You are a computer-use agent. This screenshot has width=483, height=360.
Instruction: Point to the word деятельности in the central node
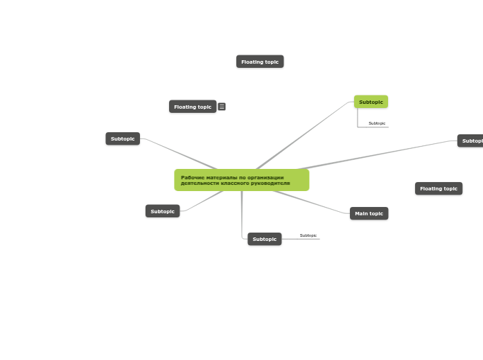pos(197,183)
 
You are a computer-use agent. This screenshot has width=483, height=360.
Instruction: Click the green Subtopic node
pos(371,102)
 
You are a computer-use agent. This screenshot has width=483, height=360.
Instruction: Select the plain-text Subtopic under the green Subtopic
pos(377,123)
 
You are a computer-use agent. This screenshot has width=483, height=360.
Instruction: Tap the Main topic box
pos(369,213)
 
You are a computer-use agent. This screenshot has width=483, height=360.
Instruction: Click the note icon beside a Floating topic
pos(222,107)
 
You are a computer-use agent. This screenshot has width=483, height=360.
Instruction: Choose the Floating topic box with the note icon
pos(193,107)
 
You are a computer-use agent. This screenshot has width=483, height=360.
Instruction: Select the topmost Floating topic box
pos(260,62)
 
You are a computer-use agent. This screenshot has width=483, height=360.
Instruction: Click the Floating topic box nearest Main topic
pos(439,188)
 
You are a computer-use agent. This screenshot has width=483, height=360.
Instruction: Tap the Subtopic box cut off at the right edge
pos(471,141)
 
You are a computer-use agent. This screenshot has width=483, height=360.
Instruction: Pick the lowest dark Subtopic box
pos(265,239)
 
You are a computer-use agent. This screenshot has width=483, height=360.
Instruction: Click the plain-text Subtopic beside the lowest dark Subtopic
pos(308,235)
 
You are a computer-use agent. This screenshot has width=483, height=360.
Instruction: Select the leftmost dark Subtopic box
pos(123,138)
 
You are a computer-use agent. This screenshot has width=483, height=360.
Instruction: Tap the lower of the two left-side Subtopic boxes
pos(163,211)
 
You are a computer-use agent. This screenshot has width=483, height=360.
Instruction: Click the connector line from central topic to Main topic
pos(312,201)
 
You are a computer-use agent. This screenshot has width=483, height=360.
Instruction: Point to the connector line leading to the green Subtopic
pos(305,135)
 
